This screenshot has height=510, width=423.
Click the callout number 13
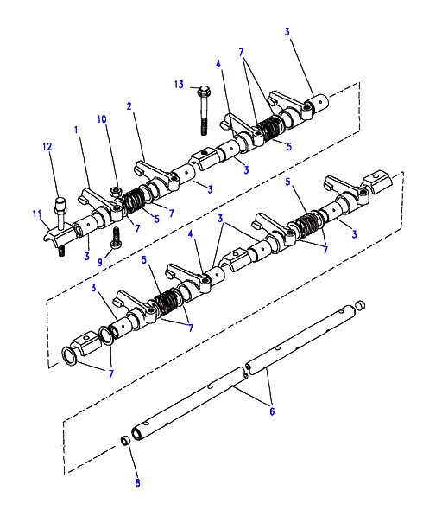click(x=179, y=85)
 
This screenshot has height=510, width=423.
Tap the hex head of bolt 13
click(x=203, y=91)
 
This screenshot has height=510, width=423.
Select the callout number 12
click(x=47, y=147)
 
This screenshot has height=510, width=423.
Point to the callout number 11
click(x=37, y=214)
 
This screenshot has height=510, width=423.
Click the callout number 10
click(x=102, y=119)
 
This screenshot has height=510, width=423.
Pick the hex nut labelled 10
click(x=115, y=192)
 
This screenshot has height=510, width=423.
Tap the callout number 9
click(x=100, y=262)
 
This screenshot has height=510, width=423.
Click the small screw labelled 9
click(x=116, y=239)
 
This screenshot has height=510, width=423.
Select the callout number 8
click(x=137, y=482)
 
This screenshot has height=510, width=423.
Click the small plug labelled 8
click(x=125, y=440)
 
